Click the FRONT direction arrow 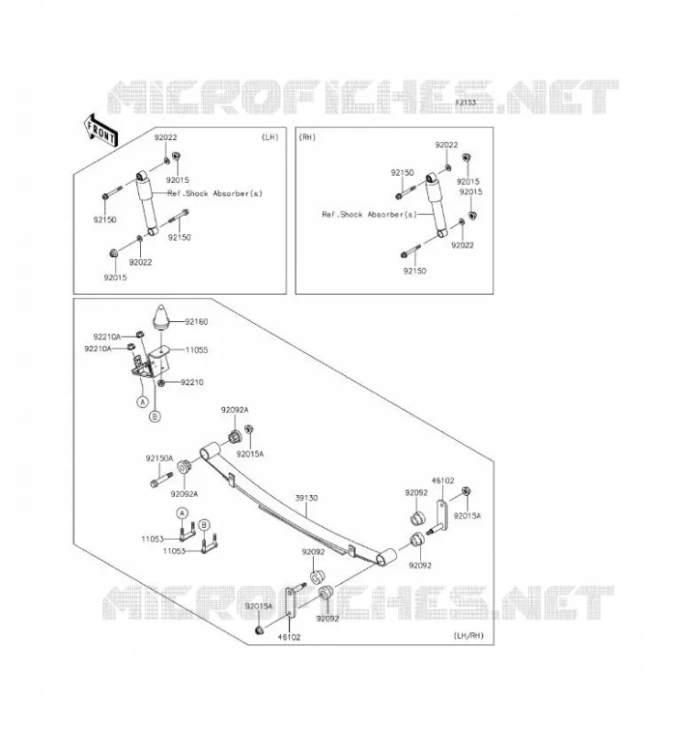(x=101, y=131)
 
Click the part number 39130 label (x=307, y=498)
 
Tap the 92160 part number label (x=196, y=322)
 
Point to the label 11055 (x=197, y=350)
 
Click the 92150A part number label (x=159, y=458)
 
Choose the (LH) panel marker (x=270, y=137)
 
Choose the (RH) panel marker (x=307, y=137)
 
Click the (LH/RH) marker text (x=469, y=636)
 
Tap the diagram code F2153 (x=466, y=102)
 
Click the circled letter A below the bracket (x=143, y=401)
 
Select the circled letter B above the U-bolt (x=203, y=525)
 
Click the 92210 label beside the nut (x=192, y=382)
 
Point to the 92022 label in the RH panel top (x=447, y=145)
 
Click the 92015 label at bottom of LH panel (x=115, y=277)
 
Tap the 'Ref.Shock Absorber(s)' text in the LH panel (x=215, y=193)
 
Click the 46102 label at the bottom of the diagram (x=289, y=637)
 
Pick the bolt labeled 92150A (x=162, y=479)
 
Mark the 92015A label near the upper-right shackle (x=467, y=516)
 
